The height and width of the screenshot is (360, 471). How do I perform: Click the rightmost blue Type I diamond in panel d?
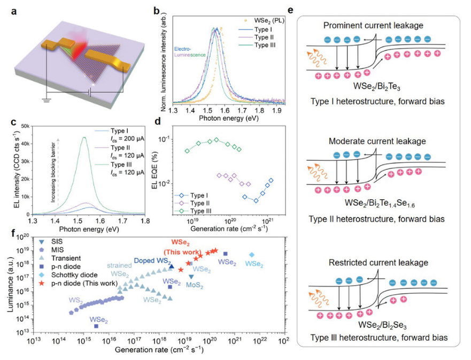[272, 181]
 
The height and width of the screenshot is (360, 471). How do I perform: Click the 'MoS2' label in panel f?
[194, 286]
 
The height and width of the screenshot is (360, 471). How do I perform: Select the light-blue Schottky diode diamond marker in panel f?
[251, 255]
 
